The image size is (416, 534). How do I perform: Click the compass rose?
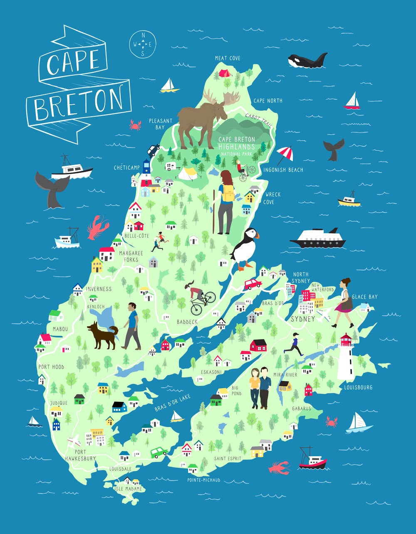[x=143, y=44]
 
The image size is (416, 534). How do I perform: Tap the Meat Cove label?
[x=228, y=58]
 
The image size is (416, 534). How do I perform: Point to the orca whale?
[x=307, y=60]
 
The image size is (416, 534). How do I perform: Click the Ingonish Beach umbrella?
[x=285, y=153]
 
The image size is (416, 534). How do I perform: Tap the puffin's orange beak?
[x=257, y=235]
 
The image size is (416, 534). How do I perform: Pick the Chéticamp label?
[x=127, y=167]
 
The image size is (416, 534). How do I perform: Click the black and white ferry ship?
[x=318, y=239]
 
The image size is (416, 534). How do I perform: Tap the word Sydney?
[x=303, y=319]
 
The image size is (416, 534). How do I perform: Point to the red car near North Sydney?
[x=253, y=284]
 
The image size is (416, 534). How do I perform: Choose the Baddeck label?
[x=187, y=322]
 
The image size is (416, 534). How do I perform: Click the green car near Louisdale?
[x=158, y=452]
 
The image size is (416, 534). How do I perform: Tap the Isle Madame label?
[x=128, y=489]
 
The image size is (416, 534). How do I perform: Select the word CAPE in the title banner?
[x=73, y=62]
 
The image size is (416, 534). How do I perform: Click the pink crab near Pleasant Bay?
[x=135, y=124]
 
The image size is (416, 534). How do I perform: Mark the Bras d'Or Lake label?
[x=173, y=403]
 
